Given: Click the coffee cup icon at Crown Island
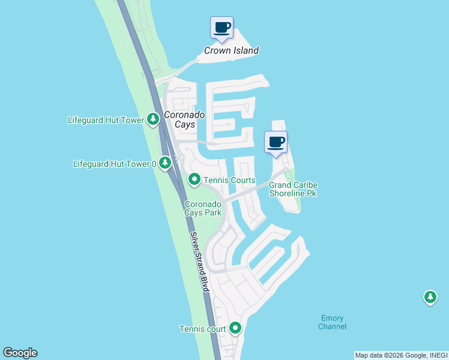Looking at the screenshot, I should (x=221, y=28).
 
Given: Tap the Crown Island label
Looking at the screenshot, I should (x=231, y=50).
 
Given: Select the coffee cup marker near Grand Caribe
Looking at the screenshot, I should (x=276, y=143).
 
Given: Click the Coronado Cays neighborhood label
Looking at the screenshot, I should (x=185, y=119).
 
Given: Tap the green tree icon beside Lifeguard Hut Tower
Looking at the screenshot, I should (x=153, y=120).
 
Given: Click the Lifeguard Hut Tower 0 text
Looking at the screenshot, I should (x=115, y=163).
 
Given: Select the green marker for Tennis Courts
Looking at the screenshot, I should (x=194, y=180).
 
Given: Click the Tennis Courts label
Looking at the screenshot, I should (x=229, y=180).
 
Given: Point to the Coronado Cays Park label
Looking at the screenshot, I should (x=203, y=208).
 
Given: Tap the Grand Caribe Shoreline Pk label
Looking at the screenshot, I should (x=293, y=189).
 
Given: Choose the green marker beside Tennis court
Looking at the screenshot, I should (x=235, y=328).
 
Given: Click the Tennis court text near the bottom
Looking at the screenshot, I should (x=202, y=329).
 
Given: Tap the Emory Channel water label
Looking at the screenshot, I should (x=332, y=322).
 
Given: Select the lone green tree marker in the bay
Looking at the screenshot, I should (x=430, y=297).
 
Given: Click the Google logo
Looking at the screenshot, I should (x=20, y=353).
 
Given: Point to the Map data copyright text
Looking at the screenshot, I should (x=401, y=355).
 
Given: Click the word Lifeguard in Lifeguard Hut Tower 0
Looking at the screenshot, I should (x=92, y=163).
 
